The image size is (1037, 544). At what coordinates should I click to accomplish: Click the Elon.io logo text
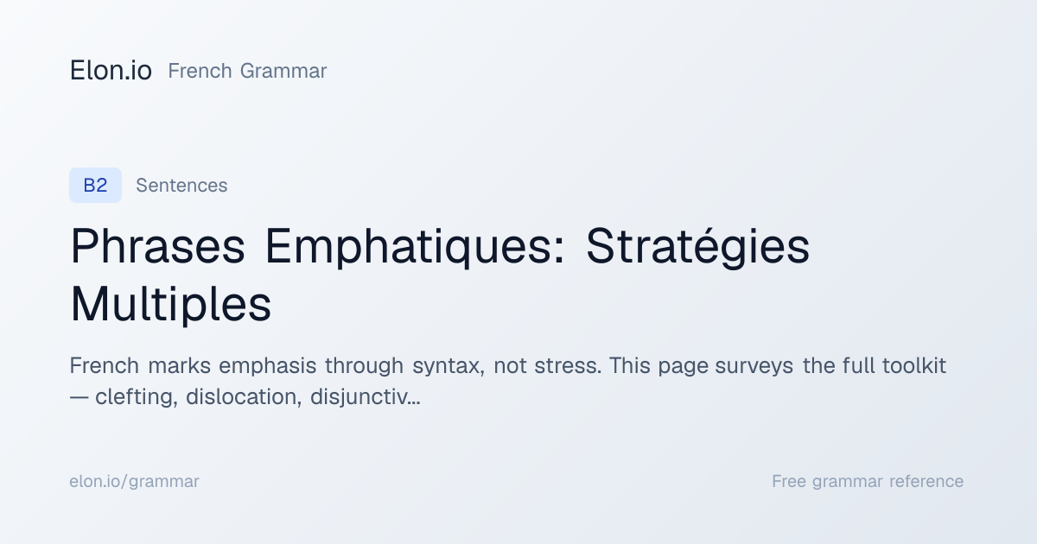tap(111, 70)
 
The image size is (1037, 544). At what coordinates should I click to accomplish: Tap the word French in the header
tap(200, 71)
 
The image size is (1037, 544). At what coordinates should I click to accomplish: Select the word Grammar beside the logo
tap(283, 71)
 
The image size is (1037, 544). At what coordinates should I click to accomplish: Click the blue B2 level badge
tap(95, 185)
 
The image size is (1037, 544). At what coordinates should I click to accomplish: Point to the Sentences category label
tap(181, 185)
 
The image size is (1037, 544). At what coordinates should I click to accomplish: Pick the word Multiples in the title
tap(170, 304)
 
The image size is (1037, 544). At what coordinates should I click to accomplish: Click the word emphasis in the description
tap(267, 365)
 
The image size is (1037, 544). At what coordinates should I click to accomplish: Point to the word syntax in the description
tap(449, 366)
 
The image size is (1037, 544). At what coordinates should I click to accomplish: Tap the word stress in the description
tap(568, 366)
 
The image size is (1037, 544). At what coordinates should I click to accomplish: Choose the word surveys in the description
tap(754, 366)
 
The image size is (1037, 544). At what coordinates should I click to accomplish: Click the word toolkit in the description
tap(914, 365)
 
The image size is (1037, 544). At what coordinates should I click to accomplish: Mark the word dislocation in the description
tap(244, 396)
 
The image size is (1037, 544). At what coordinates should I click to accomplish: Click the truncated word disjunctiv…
tap(366, 396)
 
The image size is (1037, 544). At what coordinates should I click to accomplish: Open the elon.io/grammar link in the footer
tap(134, 481)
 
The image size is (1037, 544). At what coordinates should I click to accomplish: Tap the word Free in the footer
tap(788, 481)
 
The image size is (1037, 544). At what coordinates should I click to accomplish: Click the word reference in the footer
tap(926, 481)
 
